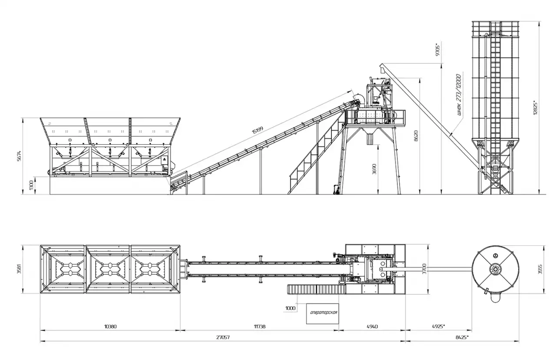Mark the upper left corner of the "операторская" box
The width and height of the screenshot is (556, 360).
(x=307, y=304)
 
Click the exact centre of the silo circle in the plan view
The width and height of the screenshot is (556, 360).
(x=496, y=269)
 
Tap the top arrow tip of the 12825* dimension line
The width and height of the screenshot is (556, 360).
(x=539, y=22)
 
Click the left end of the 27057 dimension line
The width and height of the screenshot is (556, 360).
(x=40, y=341)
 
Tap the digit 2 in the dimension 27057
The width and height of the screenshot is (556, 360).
(x=218, y=337)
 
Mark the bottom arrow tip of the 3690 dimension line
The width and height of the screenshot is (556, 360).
(x=378, y=194)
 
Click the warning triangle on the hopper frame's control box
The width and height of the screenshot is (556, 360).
(x=164, y=159)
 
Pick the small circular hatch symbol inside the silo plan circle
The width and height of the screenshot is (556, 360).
(x=495, y=255)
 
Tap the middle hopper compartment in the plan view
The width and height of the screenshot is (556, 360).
(x=108, y=269)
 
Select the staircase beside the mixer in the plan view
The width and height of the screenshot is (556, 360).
(x=317, y=290)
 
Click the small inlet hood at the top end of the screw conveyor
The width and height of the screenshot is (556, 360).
(x=382, y=68)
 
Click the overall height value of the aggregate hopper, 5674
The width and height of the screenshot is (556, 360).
(x=19, y=156)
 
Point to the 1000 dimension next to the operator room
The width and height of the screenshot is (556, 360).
(x=291, y=308)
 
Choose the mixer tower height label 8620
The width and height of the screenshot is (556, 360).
(x=416, y=136)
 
